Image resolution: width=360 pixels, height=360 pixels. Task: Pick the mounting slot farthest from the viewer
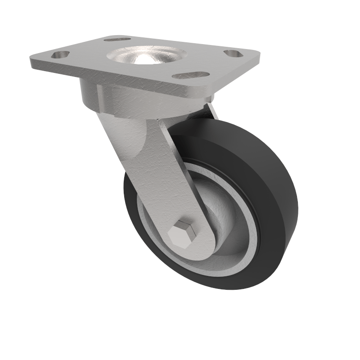pos(117,39)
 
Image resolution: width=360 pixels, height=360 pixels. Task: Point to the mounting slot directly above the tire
pos(191,75)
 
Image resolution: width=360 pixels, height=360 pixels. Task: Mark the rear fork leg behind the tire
pos(211,111)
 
